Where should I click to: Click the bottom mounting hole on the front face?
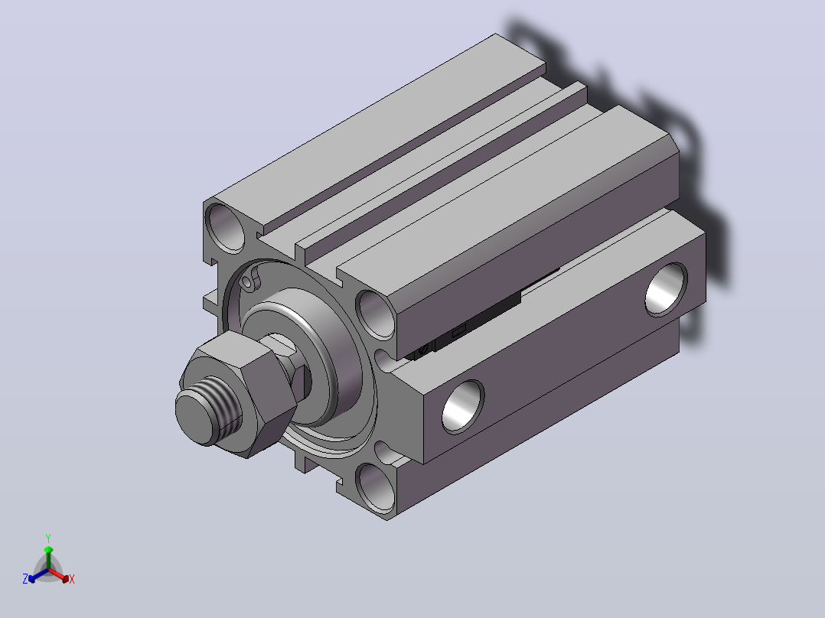point(376,487)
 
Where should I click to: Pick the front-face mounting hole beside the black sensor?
point(376,314)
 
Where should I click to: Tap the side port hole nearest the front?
point(462,407)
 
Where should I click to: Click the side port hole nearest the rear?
point(666,289)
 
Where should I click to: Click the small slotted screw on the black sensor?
point(422,350)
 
